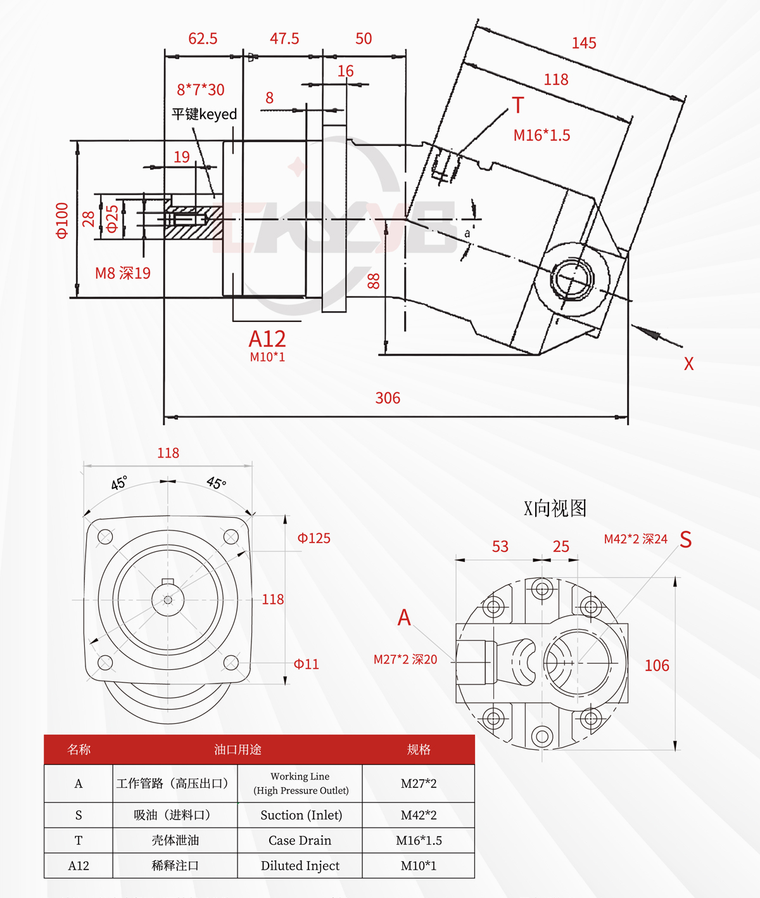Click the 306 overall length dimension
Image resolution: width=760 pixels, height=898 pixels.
[388, 398]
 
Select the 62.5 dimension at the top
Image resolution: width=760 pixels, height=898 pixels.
[203, 39]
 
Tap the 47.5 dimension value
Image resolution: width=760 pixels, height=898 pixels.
[284, 39]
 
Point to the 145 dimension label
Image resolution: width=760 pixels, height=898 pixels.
[584, 43]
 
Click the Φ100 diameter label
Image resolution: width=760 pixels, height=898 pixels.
[62, 221]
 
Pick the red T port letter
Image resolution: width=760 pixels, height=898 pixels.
[518, 105]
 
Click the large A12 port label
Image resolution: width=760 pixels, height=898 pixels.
[267, 338]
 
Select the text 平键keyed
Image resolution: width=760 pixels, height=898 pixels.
[204, 114]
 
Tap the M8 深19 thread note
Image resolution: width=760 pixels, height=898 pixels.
[123, 273]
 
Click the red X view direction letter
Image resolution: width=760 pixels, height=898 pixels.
[689, 364]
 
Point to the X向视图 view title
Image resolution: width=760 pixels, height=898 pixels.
[555, 508]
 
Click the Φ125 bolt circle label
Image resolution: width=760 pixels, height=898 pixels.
[313, 538]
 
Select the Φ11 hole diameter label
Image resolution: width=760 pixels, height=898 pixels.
[306, 664]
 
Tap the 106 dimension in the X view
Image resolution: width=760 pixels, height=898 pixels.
[657, 665]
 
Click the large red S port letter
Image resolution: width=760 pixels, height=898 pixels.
[686, 539]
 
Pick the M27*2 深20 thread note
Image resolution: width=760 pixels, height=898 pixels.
[405, 660]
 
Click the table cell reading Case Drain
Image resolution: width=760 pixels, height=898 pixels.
[300, 840]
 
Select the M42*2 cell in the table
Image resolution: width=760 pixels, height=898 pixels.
[418, 815]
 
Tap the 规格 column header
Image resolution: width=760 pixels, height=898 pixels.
[419, 750]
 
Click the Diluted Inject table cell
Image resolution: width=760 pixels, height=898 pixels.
[300, 866]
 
